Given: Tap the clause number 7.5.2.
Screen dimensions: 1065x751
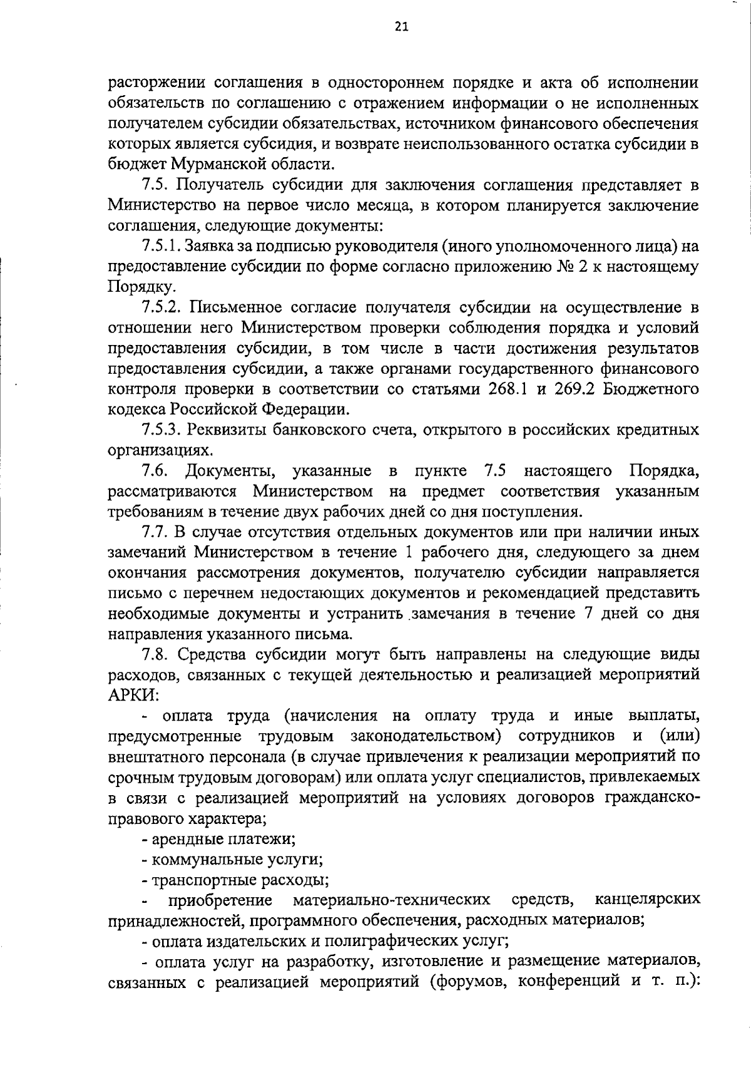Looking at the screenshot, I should [x=161, y=307].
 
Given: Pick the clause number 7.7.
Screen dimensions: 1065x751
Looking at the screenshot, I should [x=153, y=532].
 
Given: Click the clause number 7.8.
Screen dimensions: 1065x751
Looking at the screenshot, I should [x=153, y=654].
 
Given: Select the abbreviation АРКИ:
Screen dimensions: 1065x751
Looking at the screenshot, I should [x=134, y=696].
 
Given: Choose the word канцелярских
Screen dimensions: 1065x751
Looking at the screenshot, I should [x=647, y=900].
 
